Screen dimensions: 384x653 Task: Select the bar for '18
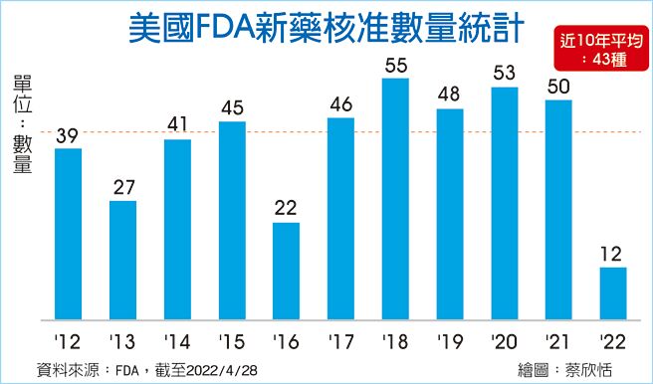[395, 199]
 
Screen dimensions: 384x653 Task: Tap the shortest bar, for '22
[613, 293]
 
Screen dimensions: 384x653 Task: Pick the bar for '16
[286, 272]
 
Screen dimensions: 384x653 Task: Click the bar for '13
[122, 261]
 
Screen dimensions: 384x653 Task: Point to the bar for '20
[504, 204]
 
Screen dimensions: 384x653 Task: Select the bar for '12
[68, 235]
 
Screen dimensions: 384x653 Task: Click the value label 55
[395, 66]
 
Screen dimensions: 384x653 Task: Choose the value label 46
[340, 104]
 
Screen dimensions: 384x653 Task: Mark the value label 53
[504, 74]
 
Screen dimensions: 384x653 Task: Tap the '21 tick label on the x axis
[557, 339]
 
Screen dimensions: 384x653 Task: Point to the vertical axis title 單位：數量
[23, 124]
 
